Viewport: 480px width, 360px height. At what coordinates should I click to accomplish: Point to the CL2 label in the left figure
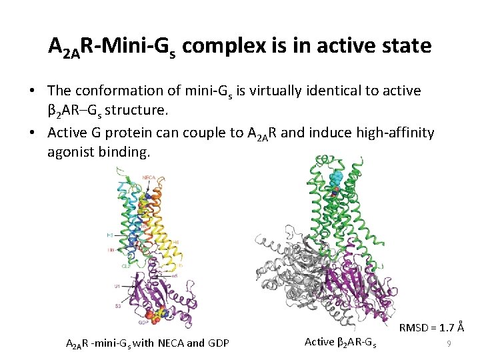tap(126, 265)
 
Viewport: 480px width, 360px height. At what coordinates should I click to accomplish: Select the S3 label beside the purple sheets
tap(117, 305)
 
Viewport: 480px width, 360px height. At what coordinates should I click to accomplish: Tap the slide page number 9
tap(449, 343)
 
